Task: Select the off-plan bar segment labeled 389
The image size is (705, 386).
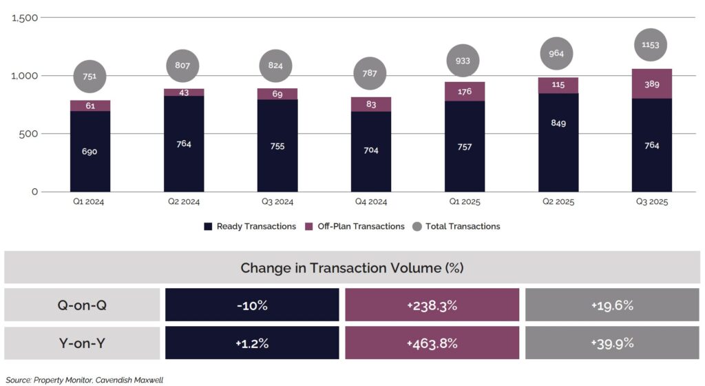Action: coord(651,83)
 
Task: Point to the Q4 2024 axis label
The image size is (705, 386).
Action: coord(371,202)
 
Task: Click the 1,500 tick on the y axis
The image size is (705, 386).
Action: coord(25,17)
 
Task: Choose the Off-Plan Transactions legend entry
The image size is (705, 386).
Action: coord(355,226)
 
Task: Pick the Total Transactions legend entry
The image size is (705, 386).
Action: coord(456,226)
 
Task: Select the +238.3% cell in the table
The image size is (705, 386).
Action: coord(432,305)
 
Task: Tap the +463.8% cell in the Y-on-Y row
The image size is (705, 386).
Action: coord(432,343)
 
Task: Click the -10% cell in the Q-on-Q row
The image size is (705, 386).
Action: coord(252,305)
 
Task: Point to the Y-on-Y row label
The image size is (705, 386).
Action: coord(82,343)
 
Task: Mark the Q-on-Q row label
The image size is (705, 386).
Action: coord(82,305)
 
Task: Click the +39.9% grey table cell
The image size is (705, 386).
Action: coord(612,343)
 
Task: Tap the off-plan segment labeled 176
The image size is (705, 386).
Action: coord(465,91)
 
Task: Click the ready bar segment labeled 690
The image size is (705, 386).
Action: coord(90,151)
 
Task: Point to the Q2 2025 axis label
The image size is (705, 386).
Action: coord(558,202)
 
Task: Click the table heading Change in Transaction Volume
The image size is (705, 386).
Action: coord(352,267)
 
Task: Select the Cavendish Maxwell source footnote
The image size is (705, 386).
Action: coord(84,380)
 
